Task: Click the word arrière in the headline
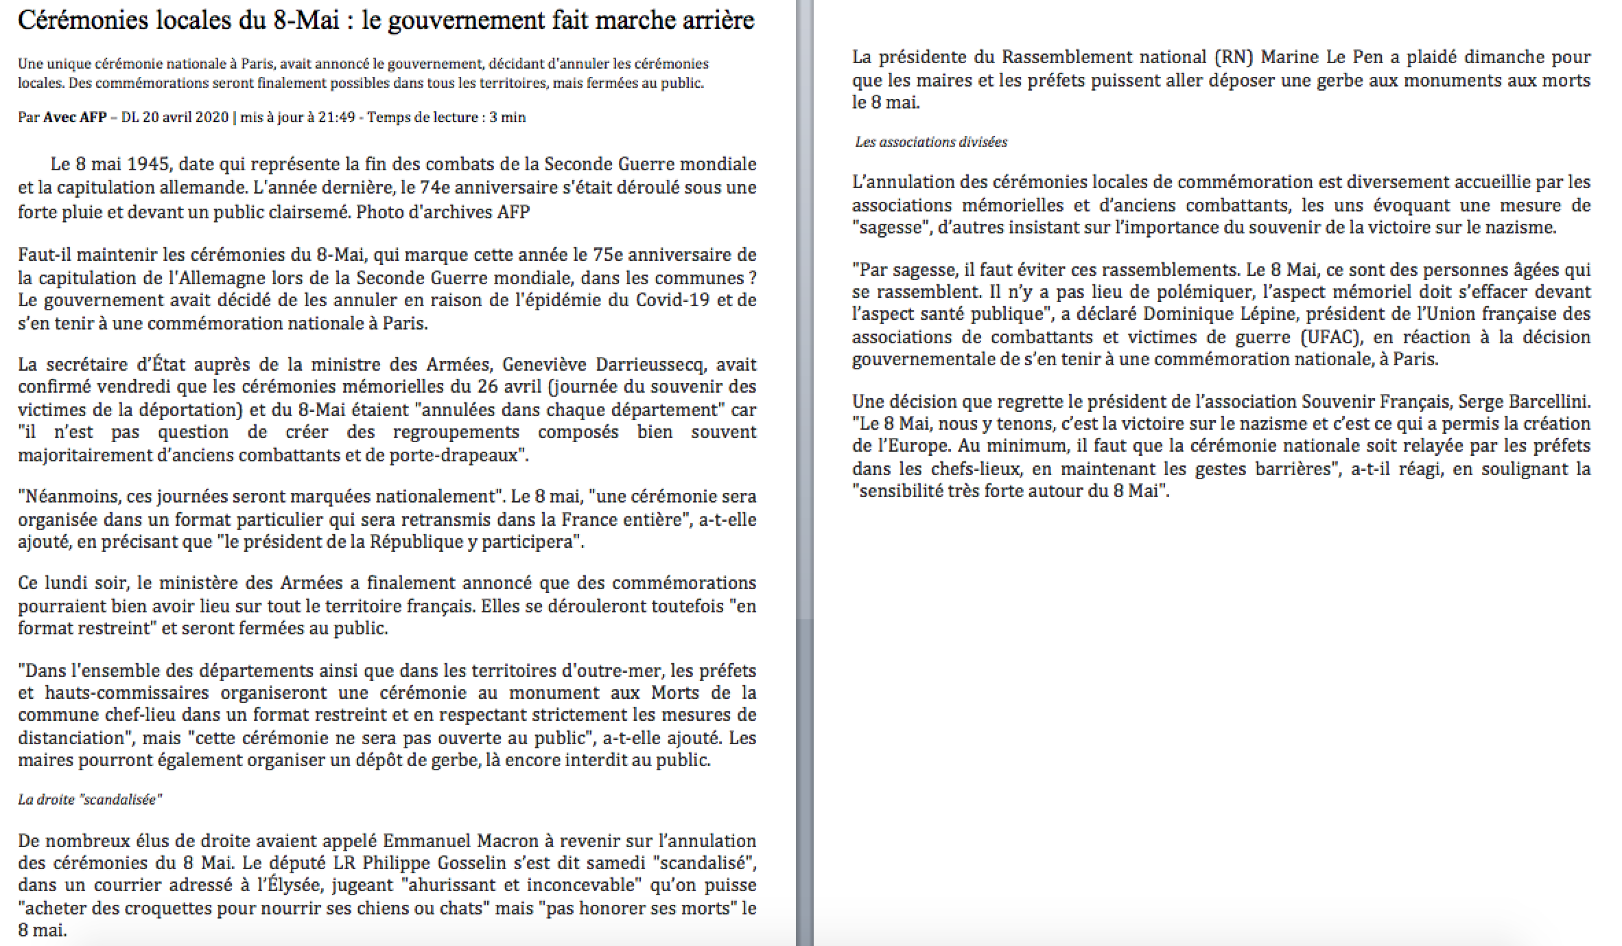tap(715, 21)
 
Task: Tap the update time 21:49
tap(336, 117)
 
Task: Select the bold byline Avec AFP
tap(75, 117)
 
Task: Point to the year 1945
tap(150, 165)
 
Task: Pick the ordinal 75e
tap(607, 255)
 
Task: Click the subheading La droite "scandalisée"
tap(90, 800)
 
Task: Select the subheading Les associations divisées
tap(931, 142)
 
